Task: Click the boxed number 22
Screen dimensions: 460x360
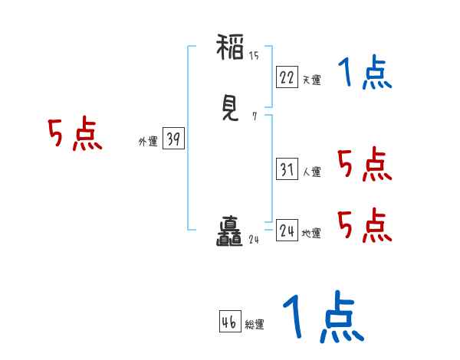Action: tap(287, 77)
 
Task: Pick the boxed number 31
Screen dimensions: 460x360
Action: tap(287, 170)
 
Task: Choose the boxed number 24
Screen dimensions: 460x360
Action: tap(287, 231)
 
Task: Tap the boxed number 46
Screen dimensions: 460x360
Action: tap(228, 322)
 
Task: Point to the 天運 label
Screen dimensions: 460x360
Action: tap(311, 79)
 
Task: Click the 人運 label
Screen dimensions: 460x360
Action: tap(311, 172)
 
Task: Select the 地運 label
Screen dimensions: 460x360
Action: tap(311, 233)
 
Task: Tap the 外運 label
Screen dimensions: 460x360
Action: tap(148, 141)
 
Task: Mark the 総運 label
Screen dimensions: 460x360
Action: tap(254, 324)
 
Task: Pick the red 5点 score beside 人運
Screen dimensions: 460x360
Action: tap(365, 165)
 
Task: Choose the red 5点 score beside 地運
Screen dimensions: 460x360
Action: tap(365, 224)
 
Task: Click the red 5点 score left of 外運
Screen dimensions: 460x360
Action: tap(75, 135)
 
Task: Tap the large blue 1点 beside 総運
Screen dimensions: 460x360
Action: tap(323, 317)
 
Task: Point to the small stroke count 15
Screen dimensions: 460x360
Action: tap(254, 55)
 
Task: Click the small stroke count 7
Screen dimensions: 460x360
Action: tap(254, 117)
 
